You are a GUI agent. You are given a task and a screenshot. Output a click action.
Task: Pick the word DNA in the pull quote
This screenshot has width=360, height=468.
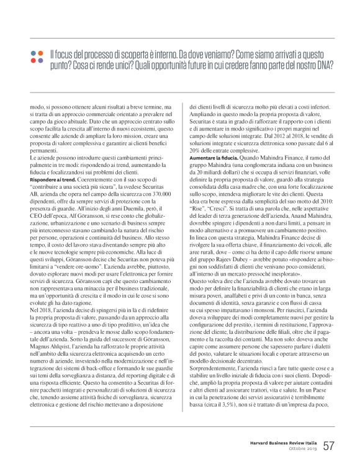tap(323, 64)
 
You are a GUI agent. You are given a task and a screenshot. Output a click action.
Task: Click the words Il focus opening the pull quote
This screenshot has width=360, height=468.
tap(62, 53)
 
